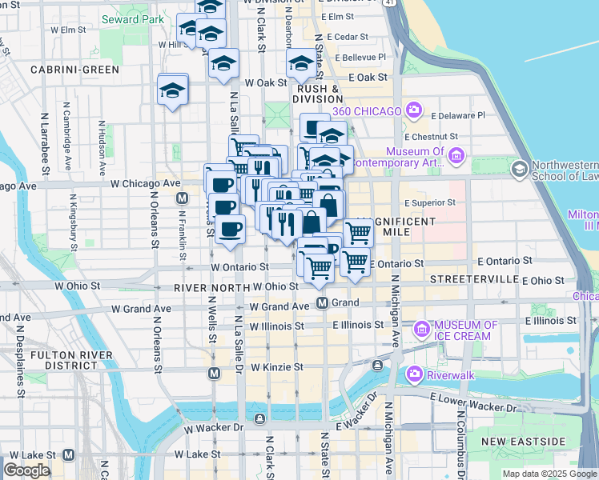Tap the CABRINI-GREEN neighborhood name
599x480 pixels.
pyautogui.click(x=74, y=70)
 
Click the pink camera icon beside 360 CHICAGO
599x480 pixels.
pyautogui.click(x=414, y=110)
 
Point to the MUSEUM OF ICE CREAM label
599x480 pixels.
pyautogui.click(x=466, y=330)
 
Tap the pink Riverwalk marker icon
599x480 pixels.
pyautogui.click(x=415, y=373)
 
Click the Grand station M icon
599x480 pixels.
pyautogui.click(x=322, y=303)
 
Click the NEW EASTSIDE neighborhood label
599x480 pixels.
pyautogui.click(x=523, y=442)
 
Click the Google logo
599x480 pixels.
pyautogui.click(x=26, y=470)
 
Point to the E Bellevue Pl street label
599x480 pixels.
pyautogui.click(x=360, y=58)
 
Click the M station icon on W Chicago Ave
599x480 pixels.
pyautogui.click(x=183, y=198)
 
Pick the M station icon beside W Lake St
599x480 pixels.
pyautogui.click(x=68, y=454)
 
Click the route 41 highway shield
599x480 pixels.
pyautogui.click(x=388, y=2)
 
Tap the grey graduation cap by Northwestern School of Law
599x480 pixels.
pyautogui.click(x=519, y=168)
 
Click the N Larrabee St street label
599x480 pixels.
pyautogui.click(x=45, y=148)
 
